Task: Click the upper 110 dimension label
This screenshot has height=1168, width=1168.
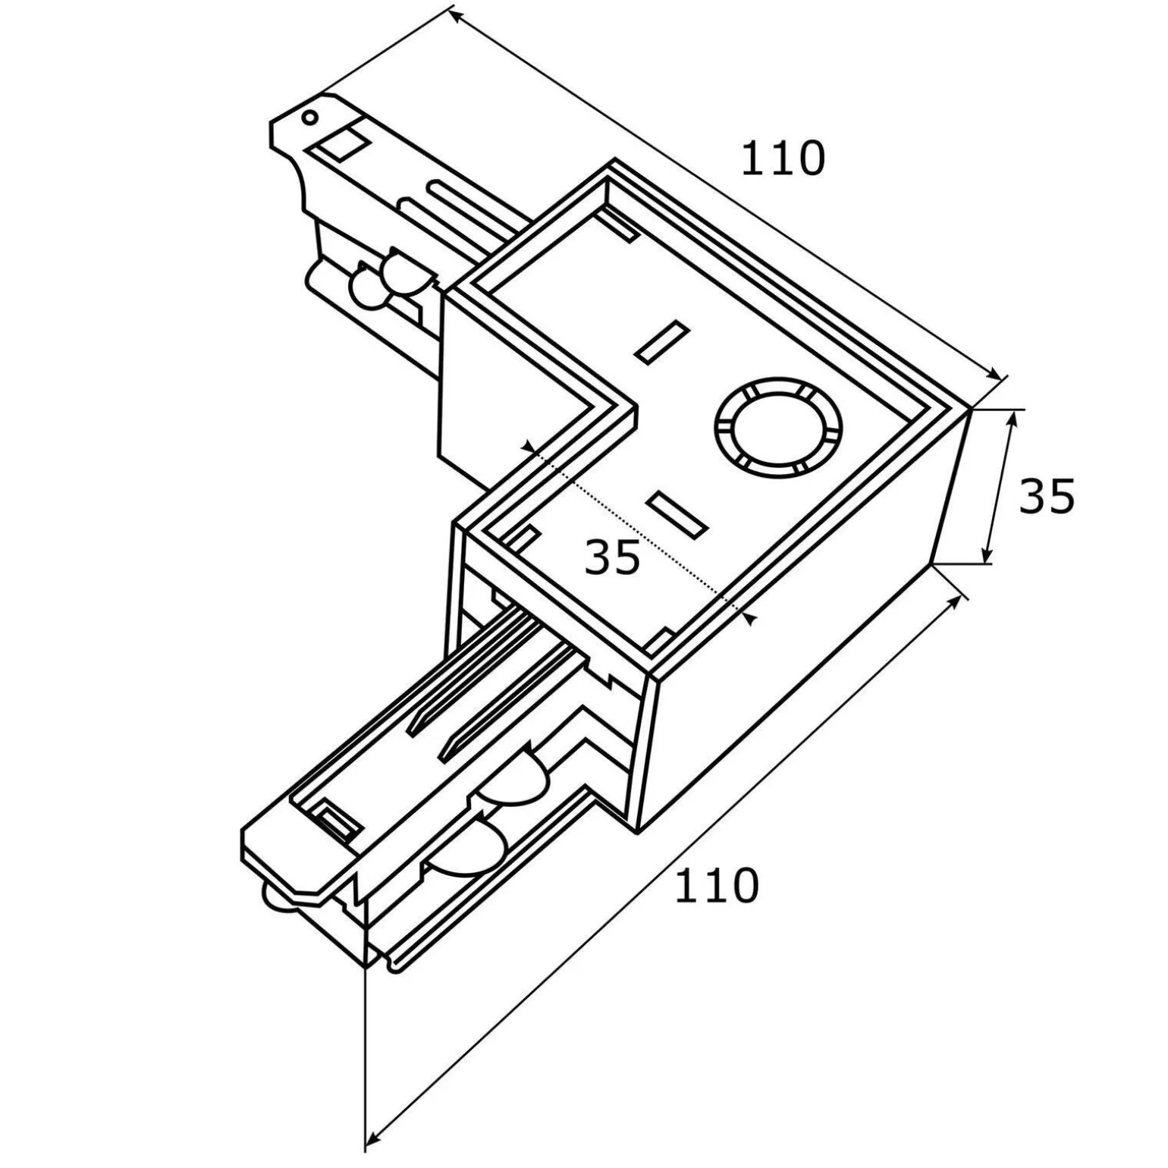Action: (782, 159)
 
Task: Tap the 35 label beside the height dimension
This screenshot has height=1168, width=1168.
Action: (1047, 497)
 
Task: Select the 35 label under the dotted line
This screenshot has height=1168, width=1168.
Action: (613, 558)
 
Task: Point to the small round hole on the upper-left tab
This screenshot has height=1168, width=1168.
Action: (309, 117)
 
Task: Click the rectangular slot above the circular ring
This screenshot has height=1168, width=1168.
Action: (662, 341)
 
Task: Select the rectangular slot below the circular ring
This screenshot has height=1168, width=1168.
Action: (679, 513)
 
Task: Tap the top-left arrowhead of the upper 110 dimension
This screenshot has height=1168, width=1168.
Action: (454, 13)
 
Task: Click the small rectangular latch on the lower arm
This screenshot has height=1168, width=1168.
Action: (334, 820)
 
